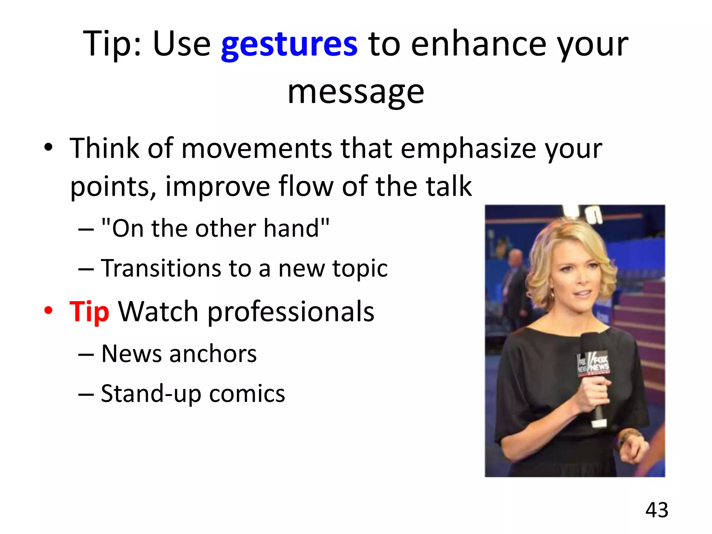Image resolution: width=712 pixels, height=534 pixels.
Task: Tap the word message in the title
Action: tap(356, 92)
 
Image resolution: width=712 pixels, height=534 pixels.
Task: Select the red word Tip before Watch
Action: tap(89, 311)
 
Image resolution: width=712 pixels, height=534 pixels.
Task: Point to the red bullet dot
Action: tap(48, 310)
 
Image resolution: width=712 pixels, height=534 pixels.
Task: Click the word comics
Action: tap(247, 394)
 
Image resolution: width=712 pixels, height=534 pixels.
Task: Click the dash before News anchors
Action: tap(86, 355)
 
